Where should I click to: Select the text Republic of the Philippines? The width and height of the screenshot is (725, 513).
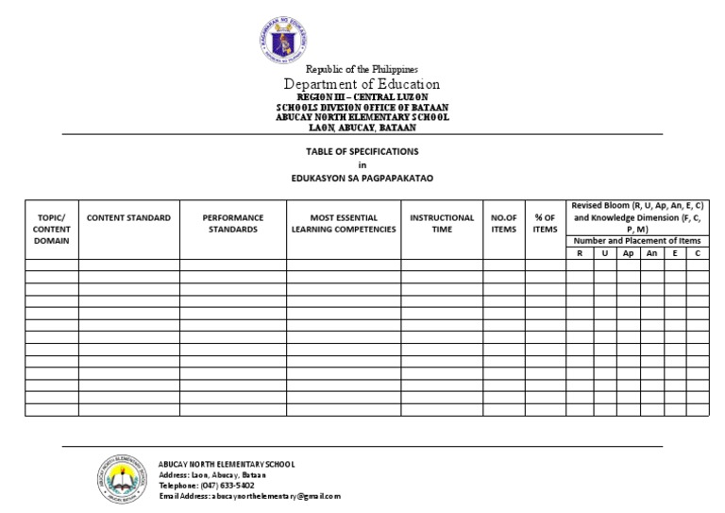pyautogui.click(x=362, y=70)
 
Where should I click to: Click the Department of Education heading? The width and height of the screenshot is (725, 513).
pyautogui.click(x=362, y=85)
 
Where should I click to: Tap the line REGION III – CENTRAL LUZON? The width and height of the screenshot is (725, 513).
pyautogui.click(x=362, y=98)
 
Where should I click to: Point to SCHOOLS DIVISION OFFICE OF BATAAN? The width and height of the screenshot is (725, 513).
pyautogui.click(x=362, y=108)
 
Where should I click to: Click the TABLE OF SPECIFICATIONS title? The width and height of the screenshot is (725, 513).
pyautogui.click(x=362, y=151)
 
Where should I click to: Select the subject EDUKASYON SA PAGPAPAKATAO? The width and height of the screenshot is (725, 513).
pyautogui.click(x=362, y=178)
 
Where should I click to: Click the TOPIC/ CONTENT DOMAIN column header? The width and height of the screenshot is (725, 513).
pyautogui.click(x=51, y=229)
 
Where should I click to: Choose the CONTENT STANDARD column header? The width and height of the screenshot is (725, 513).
pyautogui.click(x=128, y=217)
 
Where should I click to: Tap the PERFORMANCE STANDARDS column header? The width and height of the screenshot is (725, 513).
pyautogui.click(x=232, y=223)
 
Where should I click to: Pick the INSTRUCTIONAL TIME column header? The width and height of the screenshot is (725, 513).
pyautogui.click(x=442, y=223)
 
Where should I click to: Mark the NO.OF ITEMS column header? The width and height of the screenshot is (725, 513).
pyautogui.click(x=504, y=223)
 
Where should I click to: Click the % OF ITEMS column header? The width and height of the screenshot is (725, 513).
pyautogui.click(x=545, y=223)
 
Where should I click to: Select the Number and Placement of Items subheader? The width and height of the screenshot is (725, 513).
pyautogui.click(x=637, y=240)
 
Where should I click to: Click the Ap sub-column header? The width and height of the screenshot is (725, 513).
pyautogui.click(x=628, y=253)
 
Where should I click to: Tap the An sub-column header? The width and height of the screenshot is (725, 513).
pyautogui.click(x=651, y=253)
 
